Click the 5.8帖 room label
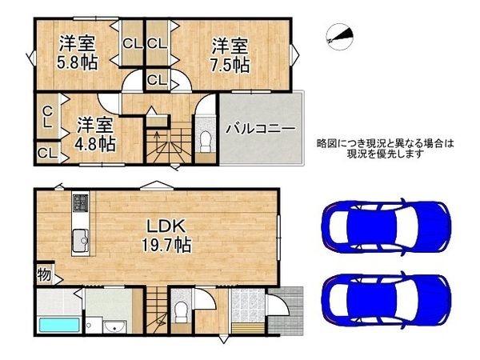pyautogui.click(x=78, y=52)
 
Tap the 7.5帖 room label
pyautogui.click(x=230, y=53)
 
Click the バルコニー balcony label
pyautogui.click(x=261, y=128)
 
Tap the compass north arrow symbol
pyautogui.click(x=339, y=35)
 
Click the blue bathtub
pyautogui.click(x=59, y=327)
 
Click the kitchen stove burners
pyautogui.click(x=81, y=202)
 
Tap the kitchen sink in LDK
pyautogui.click(x=81, y=238)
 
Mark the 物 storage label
pyautogui.click(x=44, y=275)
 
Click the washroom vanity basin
pyautogui.click(x=114, y=326)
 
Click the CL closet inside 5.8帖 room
pyautogui.click(x=131, y=43)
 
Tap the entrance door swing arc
pyautogui.click(x=278, y=308)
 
